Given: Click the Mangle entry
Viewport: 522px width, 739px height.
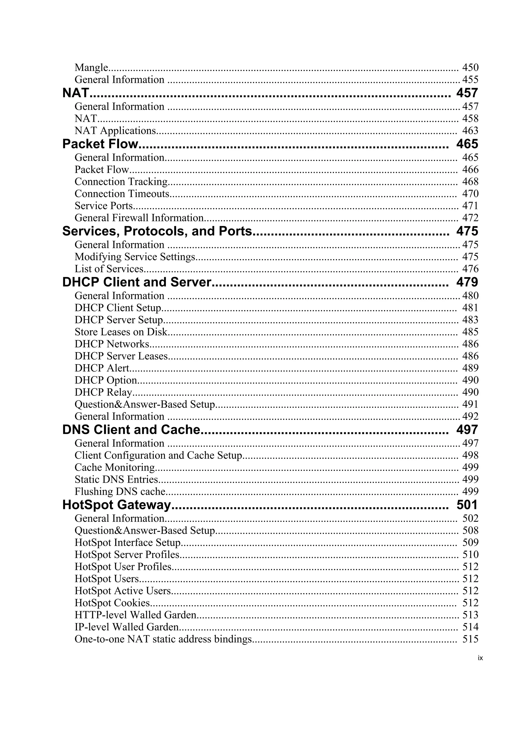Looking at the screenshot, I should [91, 68].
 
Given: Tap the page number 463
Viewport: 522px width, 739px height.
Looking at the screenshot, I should [470, 131].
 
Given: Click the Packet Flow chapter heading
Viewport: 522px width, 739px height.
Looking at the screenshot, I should [100, 144].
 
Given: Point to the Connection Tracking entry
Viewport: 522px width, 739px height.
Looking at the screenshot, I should [121, 182].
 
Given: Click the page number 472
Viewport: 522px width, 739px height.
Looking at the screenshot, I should [470, 218].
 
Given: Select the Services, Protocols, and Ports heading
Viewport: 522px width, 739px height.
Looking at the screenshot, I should [157, 231].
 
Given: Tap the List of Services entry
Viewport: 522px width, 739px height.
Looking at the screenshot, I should [109, 269].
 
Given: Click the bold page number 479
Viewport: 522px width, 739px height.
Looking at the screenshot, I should [467, 282].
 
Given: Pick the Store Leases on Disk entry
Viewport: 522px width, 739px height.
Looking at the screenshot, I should [121, 332].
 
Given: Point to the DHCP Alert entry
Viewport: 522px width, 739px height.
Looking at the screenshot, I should [102, 368].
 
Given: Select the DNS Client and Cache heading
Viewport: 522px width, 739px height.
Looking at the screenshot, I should [131, 430].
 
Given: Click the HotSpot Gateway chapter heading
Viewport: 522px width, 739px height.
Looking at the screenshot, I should [116, 505].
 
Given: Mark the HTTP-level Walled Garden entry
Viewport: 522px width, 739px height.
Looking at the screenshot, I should [135, 615].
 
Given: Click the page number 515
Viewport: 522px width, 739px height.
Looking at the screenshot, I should [470, 639].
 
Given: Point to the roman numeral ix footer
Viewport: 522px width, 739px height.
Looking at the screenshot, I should [480, 658].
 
